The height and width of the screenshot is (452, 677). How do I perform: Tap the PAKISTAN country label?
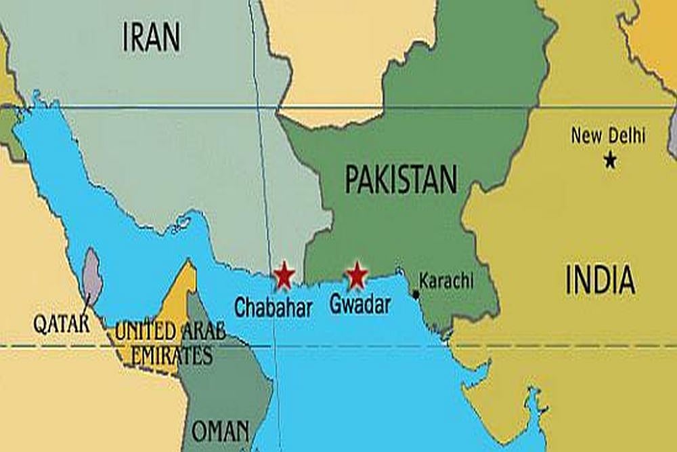[401, 180]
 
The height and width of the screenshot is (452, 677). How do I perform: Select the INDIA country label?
[600, 280]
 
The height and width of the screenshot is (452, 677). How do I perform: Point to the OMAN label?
[220, 431]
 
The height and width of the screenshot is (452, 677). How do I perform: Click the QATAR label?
[62, 323]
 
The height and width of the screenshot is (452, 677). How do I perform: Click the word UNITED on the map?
[142, 332]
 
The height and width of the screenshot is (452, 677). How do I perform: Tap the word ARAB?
[199, 332]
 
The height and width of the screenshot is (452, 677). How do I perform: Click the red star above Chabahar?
[284, 275]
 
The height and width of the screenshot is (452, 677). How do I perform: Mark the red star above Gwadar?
[356, 274]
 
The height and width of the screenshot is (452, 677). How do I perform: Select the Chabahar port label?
[274, 308]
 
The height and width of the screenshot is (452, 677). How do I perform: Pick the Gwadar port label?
[360, 305]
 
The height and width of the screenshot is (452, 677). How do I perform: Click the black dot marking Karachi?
[415, 294]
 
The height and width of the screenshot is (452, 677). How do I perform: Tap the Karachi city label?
[446, 281]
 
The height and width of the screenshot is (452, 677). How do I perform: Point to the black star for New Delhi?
[611, 161]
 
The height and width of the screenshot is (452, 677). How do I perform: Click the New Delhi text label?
[608, 136]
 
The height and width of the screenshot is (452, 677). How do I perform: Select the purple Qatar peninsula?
[92, 276]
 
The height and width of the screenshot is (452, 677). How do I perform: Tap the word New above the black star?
[586, 136]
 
